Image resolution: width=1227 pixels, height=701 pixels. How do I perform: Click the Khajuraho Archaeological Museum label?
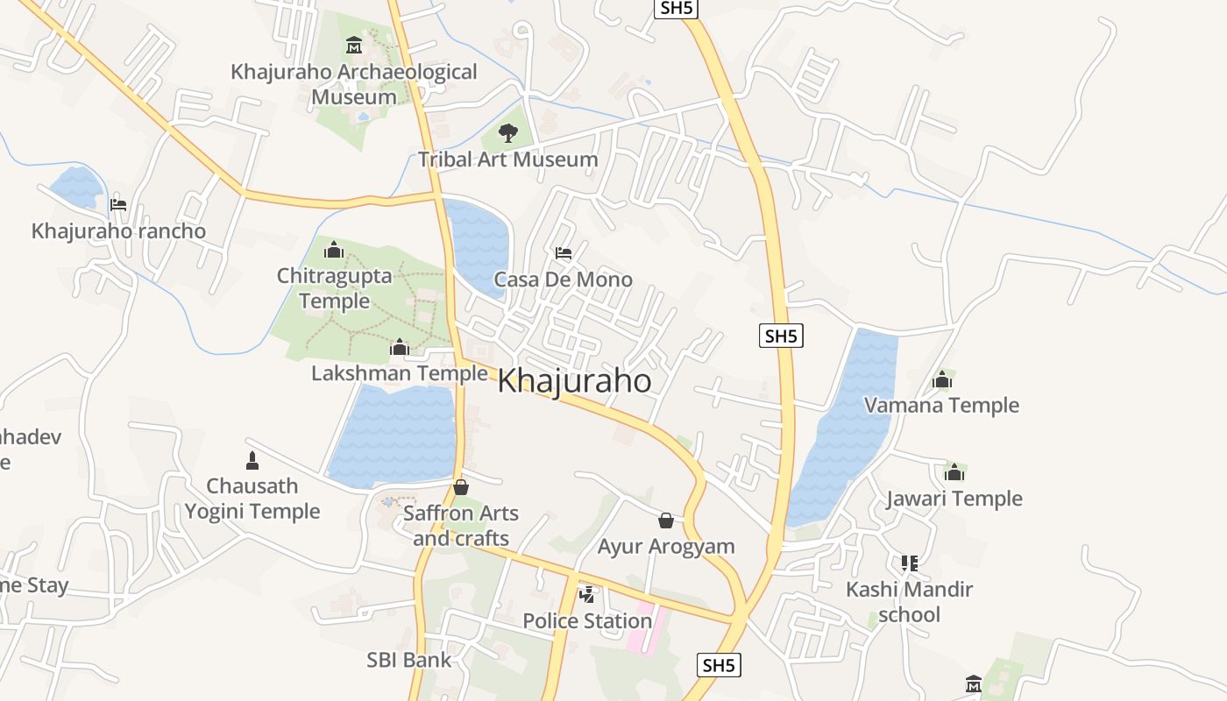coord(354,84)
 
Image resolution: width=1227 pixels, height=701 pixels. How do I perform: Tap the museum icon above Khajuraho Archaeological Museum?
coord(354,45)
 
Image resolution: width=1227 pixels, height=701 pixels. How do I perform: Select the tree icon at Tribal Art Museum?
coord(507,133)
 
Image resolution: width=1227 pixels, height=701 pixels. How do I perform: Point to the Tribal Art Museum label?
coord(507,159)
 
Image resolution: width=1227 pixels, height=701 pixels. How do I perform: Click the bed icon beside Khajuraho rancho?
coord(118,205)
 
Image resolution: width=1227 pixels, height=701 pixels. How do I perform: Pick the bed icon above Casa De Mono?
coord(564,253)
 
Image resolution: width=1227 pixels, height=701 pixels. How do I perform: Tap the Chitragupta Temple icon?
coord(334,251)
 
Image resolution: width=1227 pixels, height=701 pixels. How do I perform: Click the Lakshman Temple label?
coord(400,373)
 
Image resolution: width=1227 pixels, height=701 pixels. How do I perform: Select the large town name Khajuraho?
coord(575,381)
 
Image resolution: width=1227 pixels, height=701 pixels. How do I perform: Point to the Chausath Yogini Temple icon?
coord(252,460)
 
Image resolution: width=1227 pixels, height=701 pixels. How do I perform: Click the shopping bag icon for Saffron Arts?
coord(461,487)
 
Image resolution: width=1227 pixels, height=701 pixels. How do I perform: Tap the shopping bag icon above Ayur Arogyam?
coord(666,520)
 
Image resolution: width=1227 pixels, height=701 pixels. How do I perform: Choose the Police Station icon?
coord(587,595)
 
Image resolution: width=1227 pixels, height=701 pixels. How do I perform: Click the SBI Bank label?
coord(409,660)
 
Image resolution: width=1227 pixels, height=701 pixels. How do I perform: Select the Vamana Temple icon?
coord(942,379)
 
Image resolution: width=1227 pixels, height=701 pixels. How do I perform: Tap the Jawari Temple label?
coord(954,499)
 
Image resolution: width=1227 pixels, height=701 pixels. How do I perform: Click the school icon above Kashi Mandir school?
coord(910,563)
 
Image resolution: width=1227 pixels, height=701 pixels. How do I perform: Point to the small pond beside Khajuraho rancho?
coord(76,186)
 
